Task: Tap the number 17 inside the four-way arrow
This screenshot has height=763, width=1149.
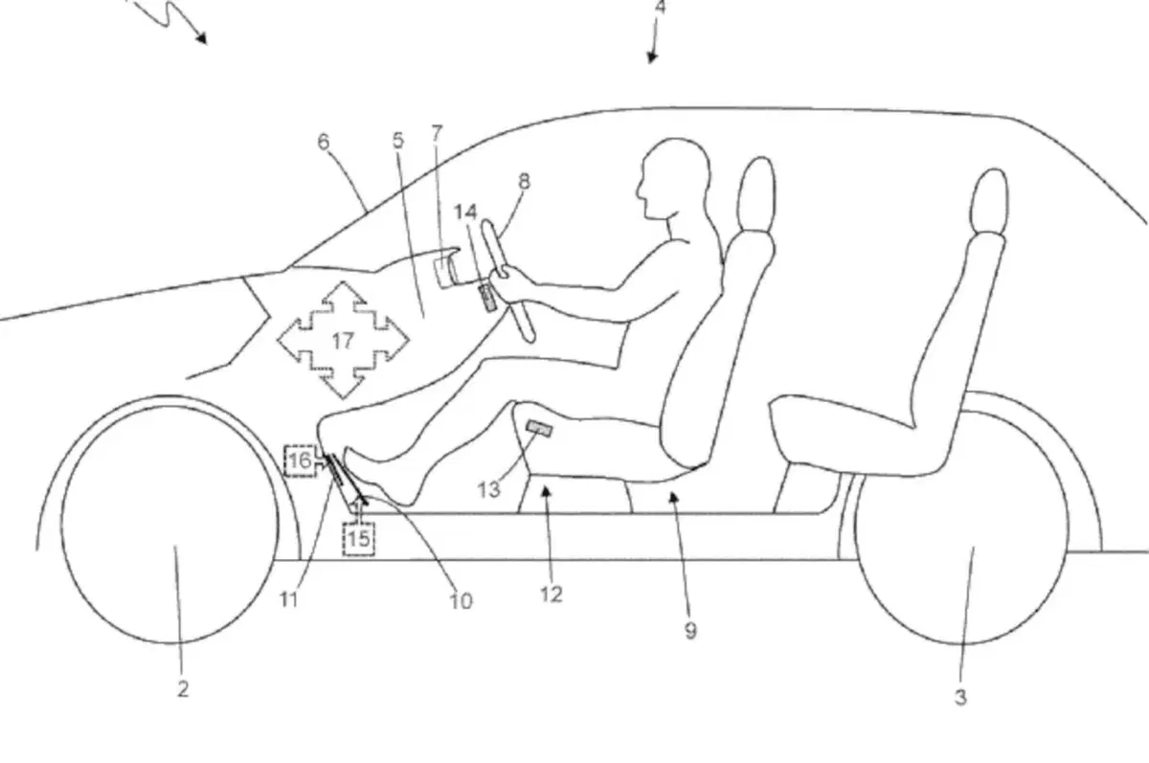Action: [343, 341]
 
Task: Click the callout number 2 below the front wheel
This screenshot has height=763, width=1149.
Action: [183, 688]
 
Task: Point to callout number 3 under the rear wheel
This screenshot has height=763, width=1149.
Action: [960, 697]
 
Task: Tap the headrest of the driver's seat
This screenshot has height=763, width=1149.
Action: [756, 195]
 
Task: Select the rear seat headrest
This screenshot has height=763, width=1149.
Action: [990, 200]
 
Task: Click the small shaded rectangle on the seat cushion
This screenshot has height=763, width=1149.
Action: [540, 428]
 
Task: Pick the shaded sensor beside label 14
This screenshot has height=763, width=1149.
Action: [487, 298]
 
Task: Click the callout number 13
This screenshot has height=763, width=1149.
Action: [488, 490]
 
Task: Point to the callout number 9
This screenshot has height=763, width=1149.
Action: [691, 631]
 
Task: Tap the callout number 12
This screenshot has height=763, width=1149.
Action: [552, 595]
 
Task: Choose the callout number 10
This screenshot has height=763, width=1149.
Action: [461, 600]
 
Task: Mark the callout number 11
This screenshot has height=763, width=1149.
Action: [288, 598]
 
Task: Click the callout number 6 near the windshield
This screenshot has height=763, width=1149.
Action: [324, 142]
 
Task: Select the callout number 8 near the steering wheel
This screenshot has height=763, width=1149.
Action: [524, 181]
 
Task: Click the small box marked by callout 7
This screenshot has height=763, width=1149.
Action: [441, 270]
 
